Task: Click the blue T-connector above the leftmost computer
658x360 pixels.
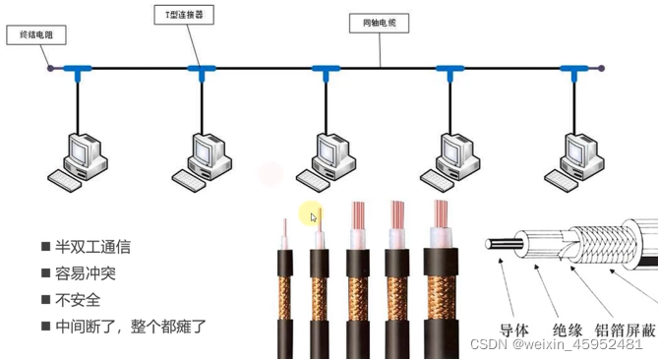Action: click(x=77, y=70)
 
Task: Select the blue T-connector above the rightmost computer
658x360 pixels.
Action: click(x=573, y=70)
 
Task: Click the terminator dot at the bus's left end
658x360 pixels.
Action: click(x=50, y=68)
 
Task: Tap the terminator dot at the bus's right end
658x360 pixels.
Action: click(x=602, y=69)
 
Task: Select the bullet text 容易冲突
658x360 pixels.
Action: click(x=85, y=273)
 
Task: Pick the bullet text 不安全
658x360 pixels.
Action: click(x=78, y=299)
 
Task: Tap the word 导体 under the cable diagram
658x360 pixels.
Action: click(x=516, y=330)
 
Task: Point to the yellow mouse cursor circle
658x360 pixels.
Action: click(x=310, y=213)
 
